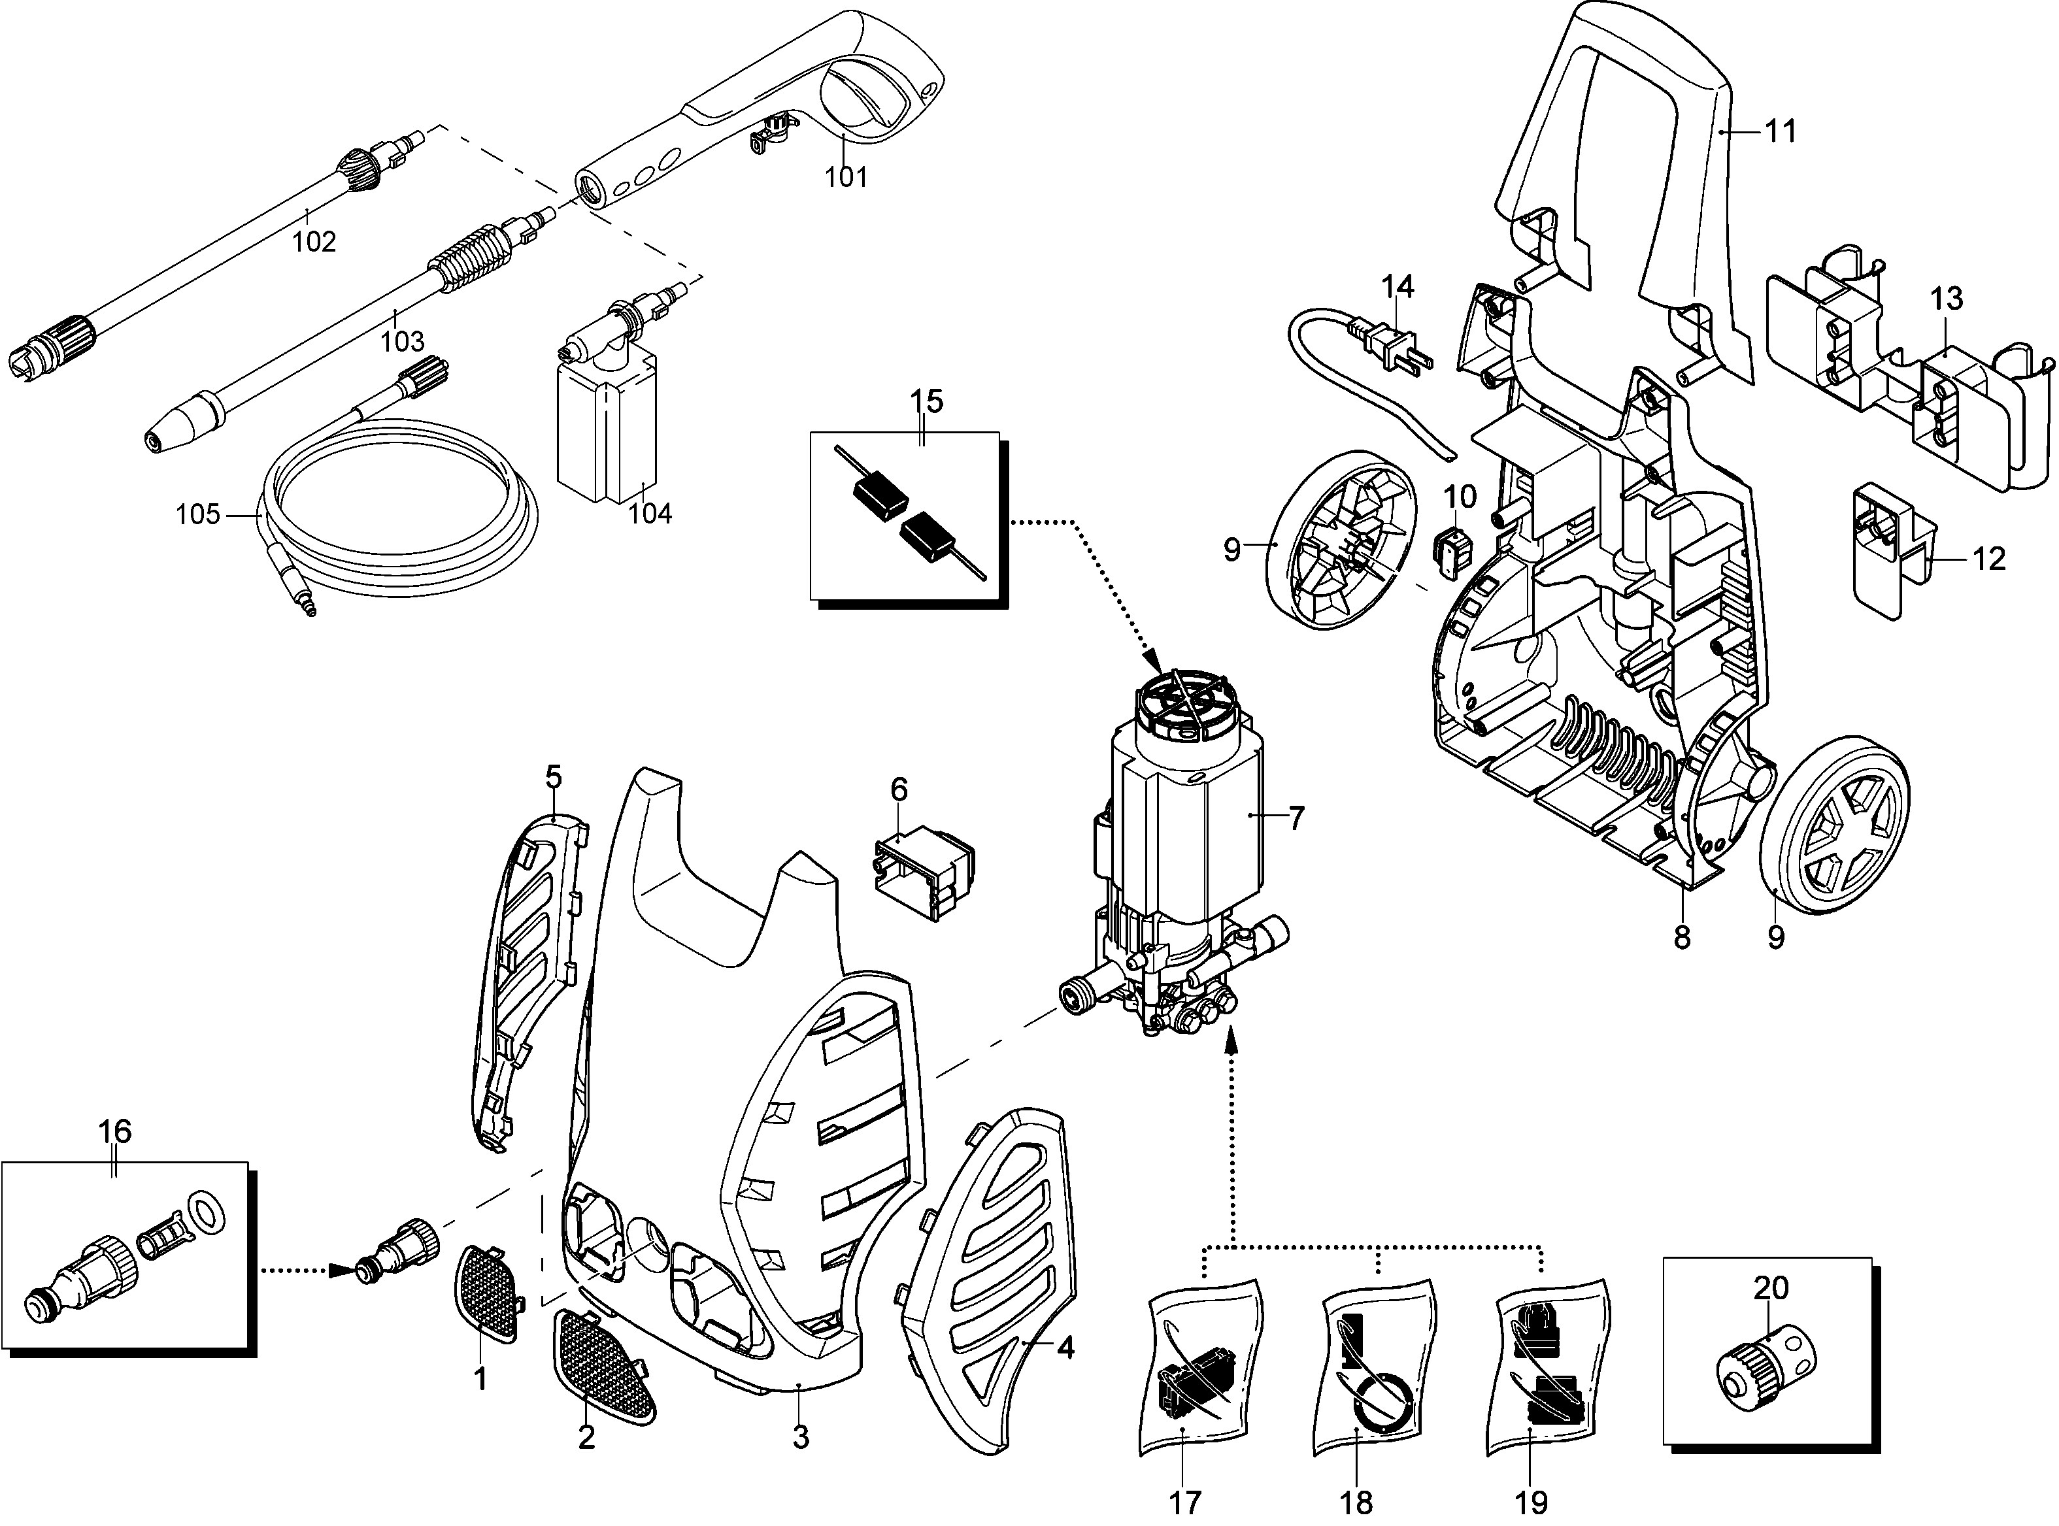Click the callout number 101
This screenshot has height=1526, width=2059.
846,176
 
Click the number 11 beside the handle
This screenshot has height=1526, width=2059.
1781,132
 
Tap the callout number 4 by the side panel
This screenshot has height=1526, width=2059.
1064,1350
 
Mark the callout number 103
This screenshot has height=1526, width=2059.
403,342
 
